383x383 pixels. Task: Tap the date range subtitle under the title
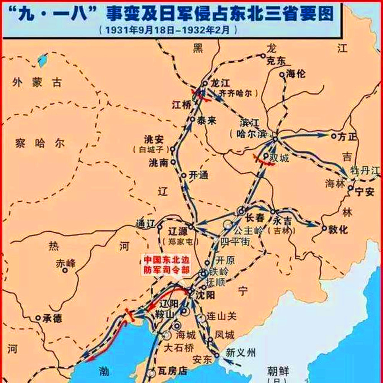[167, 29]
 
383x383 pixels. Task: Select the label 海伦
[296, 74]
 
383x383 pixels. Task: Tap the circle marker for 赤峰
[64, 270]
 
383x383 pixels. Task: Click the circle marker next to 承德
[38, 318]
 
